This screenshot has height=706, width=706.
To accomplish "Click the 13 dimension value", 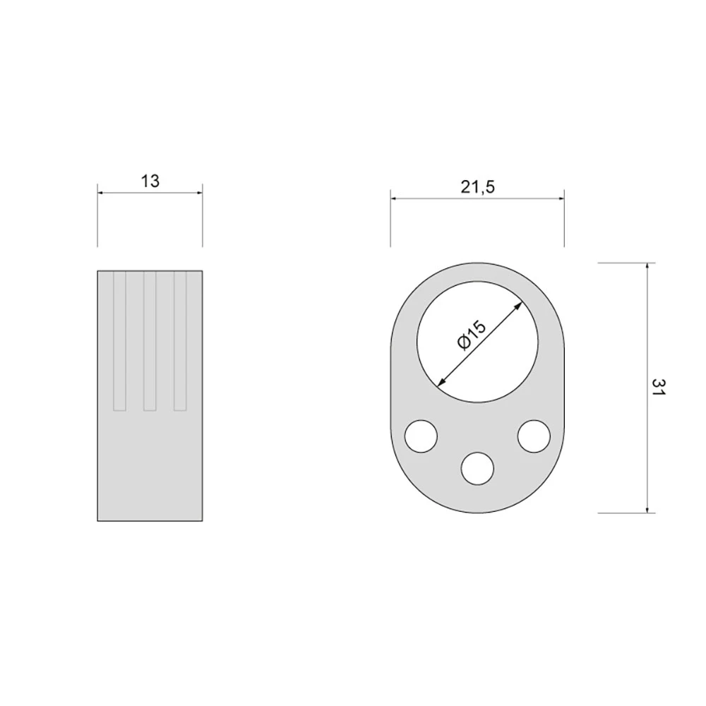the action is click(150, 181).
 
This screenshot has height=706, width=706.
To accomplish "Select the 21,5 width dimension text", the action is click(477, 186).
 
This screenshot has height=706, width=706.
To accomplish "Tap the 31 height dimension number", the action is click(658, 387).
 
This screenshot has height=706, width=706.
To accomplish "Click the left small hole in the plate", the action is click(421, 436).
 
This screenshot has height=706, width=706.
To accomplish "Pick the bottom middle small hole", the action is click(477, 468).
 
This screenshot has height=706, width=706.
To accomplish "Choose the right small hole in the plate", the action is click(534, 436).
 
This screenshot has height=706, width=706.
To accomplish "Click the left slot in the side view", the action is click(119, 341).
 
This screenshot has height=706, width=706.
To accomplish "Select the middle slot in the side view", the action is click(150, 341).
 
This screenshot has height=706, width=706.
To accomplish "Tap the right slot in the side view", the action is click(180, 341).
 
